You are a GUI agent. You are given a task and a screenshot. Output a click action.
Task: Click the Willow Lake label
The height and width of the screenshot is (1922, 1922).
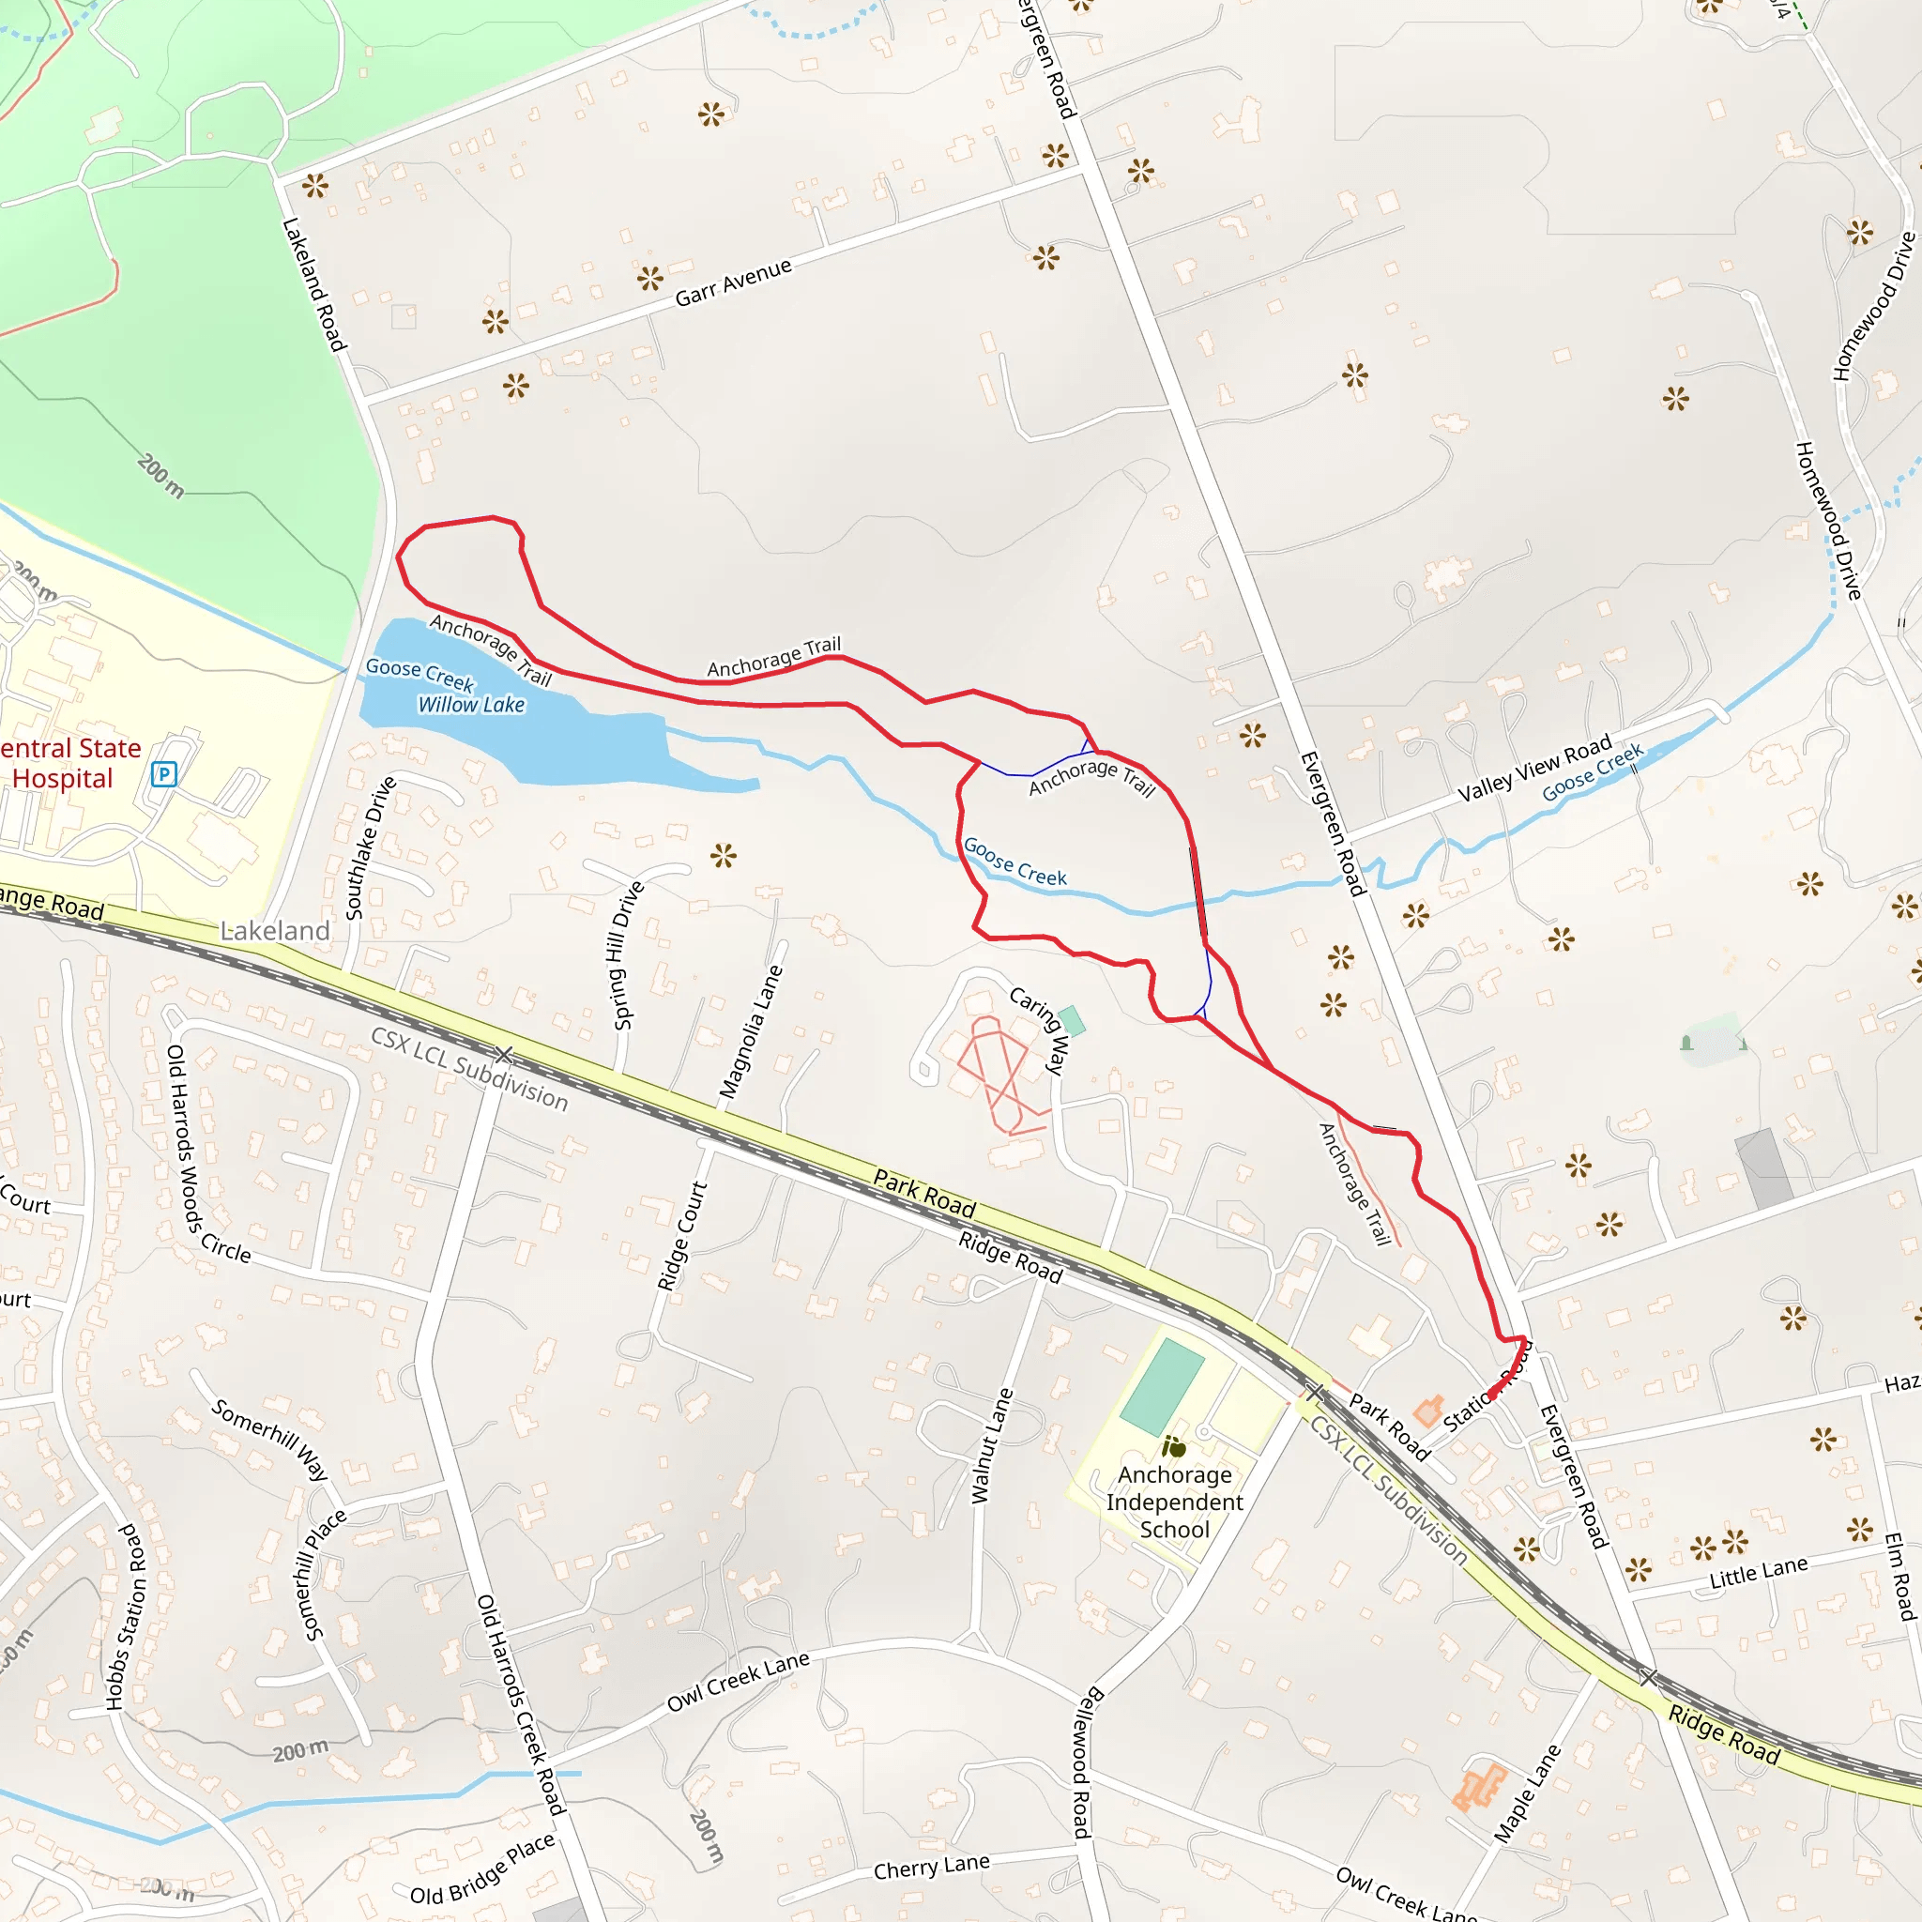[470, 706]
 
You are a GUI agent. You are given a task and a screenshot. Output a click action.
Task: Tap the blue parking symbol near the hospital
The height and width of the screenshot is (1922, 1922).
[164, 774]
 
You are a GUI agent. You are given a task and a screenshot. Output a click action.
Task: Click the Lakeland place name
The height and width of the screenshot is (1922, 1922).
[275, 931]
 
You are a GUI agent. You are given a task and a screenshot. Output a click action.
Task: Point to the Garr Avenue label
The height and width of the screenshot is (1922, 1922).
[733, 282]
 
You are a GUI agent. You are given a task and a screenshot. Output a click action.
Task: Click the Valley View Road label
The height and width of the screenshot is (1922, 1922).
[1534, 769]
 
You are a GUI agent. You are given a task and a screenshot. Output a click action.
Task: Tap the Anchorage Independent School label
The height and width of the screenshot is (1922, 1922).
[1174, 1503]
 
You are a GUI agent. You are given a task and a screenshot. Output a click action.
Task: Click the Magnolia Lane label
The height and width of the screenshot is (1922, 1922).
[751, 1032]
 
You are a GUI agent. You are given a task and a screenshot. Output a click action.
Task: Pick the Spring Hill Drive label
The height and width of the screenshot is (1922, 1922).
[628, 955]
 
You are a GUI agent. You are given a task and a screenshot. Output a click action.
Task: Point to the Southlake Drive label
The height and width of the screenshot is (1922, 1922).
[370, 848]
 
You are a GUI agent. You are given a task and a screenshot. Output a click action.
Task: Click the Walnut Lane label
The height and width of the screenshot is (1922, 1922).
[992, 1445]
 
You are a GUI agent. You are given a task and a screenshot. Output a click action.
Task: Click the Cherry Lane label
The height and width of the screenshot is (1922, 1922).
[931, 1868]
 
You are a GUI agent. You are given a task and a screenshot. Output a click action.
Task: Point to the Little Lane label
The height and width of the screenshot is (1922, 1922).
[1758, 1572]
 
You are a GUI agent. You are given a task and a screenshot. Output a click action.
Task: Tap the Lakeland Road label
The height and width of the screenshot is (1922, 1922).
[313, 285]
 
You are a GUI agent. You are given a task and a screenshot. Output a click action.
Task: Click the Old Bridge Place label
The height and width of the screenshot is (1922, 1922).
[482, 1869]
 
